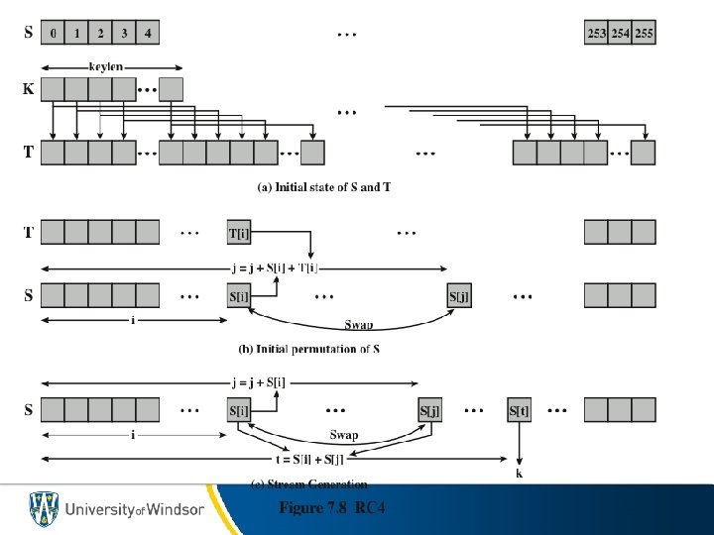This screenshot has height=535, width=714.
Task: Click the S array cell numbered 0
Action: [53, 33]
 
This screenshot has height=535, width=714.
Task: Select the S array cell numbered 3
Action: [124, 33]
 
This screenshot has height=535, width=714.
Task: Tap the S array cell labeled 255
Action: [644, 33]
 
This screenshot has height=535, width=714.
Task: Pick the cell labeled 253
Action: [596, 33]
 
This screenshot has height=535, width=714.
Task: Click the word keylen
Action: [106, 67]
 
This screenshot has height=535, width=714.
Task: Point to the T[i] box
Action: [239, 232]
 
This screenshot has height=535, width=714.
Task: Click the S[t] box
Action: [520, 410]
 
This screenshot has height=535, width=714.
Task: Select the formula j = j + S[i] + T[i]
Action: [288, 268]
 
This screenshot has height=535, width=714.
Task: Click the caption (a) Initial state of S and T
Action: [323, 187]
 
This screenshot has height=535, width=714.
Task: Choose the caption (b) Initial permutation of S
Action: [309, 349]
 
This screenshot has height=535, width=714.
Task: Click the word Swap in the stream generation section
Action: [343, 435]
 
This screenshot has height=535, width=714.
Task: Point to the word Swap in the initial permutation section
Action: [358, 324]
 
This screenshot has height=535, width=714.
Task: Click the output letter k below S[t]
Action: [519, 474]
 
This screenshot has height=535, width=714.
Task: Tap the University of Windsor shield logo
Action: [43, 509]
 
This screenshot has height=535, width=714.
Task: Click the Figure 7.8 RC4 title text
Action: [331, 508]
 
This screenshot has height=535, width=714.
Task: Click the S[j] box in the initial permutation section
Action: [458, 295]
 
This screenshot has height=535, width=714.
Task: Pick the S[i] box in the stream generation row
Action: [239, 410]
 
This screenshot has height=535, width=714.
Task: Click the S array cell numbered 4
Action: [148, 33]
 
